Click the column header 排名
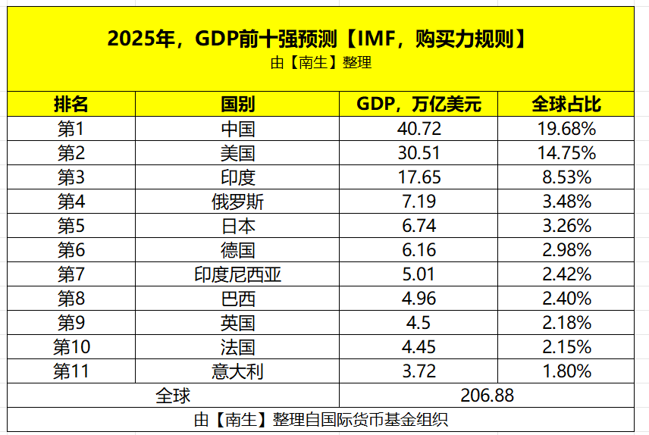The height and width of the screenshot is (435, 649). click(x=71, y=104)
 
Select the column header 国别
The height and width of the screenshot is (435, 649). click(x=237, y=104)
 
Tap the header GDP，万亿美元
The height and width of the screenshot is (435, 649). click(x=419, y=104)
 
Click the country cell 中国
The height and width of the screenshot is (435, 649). click(x=237, y=129)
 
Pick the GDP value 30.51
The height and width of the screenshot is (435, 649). click(x=419, y=153)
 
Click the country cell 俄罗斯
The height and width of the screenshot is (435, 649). click(x=237, y=202)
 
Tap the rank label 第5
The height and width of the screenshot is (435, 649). click(x=71, y=226)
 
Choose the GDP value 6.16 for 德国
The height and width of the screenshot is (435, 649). click(x=419, y=250)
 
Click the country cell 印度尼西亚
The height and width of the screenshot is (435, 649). click(x=237, y=274)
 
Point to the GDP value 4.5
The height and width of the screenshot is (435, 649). click(x=419, y=323)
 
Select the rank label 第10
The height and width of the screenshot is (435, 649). click(x=71, y=347)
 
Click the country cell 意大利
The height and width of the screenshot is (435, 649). click(x=237, y=371)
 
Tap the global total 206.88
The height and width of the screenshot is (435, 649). click(x=487, y=396)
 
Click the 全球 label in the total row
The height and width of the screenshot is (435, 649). click(x=173, y=396)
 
